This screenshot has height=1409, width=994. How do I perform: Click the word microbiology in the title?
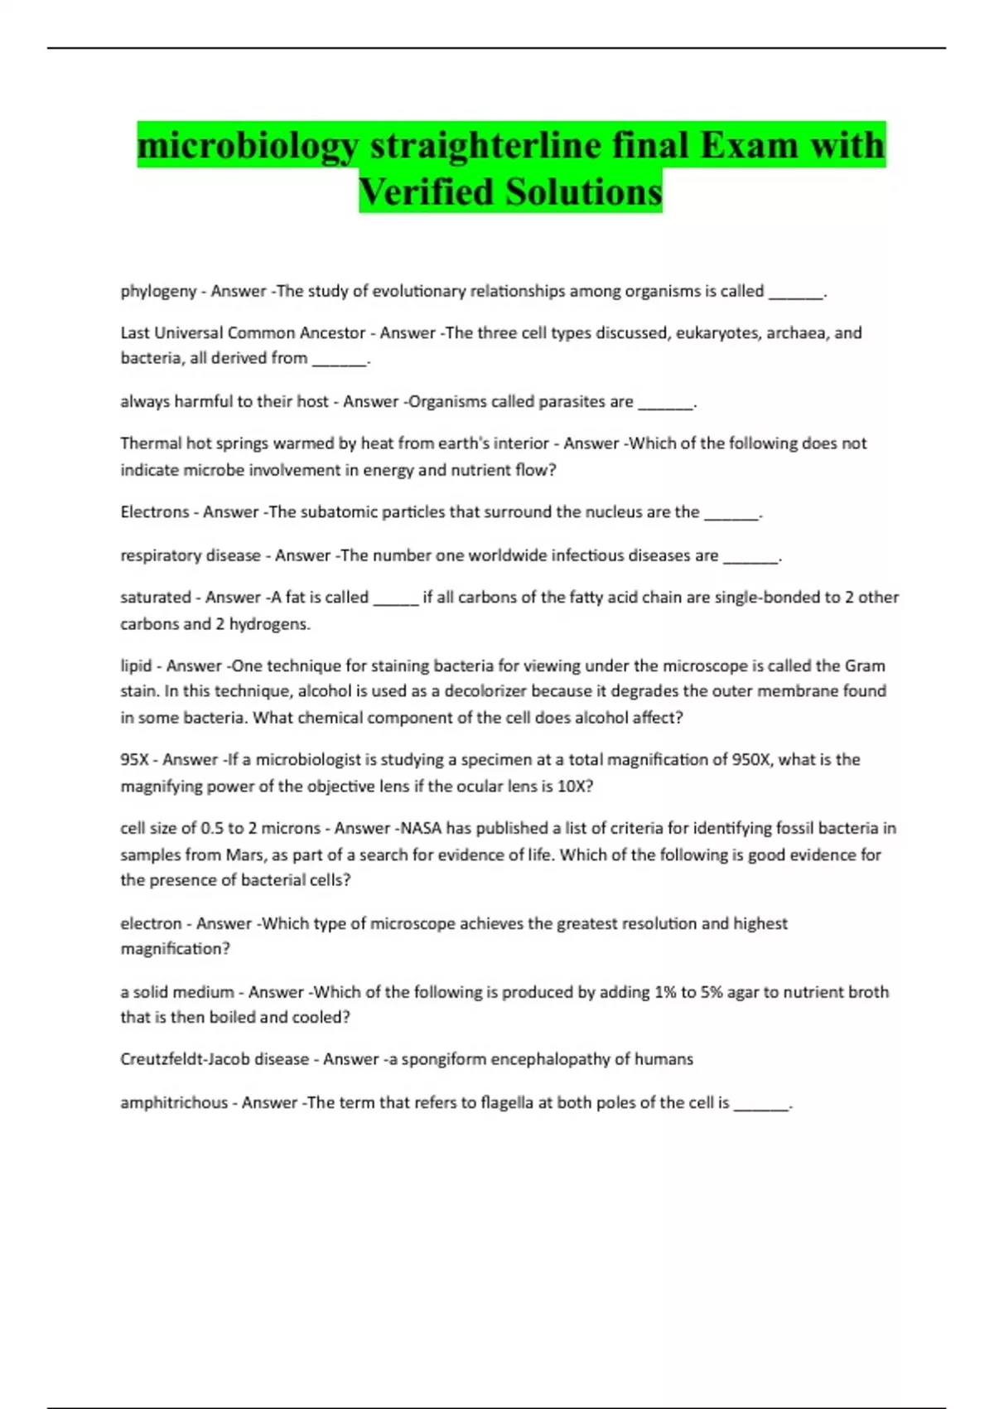[248, 146]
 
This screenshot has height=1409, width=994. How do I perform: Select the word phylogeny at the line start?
[158, 291]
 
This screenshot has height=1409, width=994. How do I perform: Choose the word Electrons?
[154, 512]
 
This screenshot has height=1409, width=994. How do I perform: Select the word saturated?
[156, 598]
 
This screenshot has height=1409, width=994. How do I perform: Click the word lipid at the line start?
[137, 666]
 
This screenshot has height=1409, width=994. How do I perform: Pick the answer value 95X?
[135, 760]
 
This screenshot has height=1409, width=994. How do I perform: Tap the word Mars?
[244, 855]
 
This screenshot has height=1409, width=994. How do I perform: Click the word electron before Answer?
[151, 923]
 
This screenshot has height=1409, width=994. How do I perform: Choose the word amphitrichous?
[174, 1103]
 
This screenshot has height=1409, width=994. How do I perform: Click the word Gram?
[865, 666]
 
